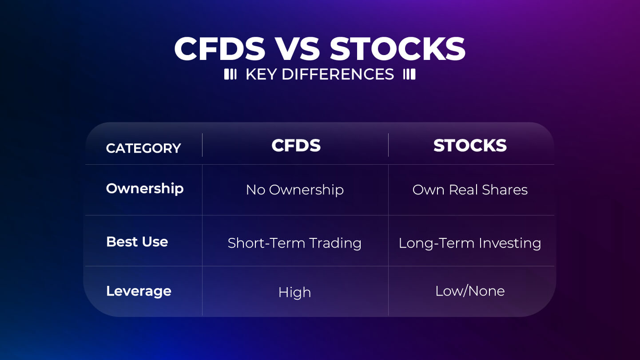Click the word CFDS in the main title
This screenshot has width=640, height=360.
point(220,49)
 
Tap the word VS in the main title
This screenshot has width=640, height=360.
point(297,49)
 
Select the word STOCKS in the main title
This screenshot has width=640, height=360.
point(398,49)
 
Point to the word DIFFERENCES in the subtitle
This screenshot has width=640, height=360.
point(338,74)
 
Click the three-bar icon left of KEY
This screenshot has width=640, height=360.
point(231,74)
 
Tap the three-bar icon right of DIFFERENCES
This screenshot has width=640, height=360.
point(409,74)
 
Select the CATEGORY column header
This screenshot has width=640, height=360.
point(143,148)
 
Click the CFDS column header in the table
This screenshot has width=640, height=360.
point(296,145)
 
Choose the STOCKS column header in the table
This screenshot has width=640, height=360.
point(470,145)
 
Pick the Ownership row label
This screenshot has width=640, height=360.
point(145,189)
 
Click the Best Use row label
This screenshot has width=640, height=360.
point(137,242)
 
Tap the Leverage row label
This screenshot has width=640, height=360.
point(139,292)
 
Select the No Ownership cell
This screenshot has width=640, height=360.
point(295,190)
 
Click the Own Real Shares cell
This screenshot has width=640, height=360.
point(470,190)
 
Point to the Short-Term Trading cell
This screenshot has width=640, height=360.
point(294,244)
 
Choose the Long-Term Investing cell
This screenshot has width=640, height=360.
point(470,244)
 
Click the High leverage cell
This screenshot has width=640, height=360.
point(295,293)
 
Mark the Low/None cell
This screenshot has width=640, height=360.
point(470,291)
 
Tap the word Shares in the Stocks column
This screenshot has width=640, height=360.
point(505,190)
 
